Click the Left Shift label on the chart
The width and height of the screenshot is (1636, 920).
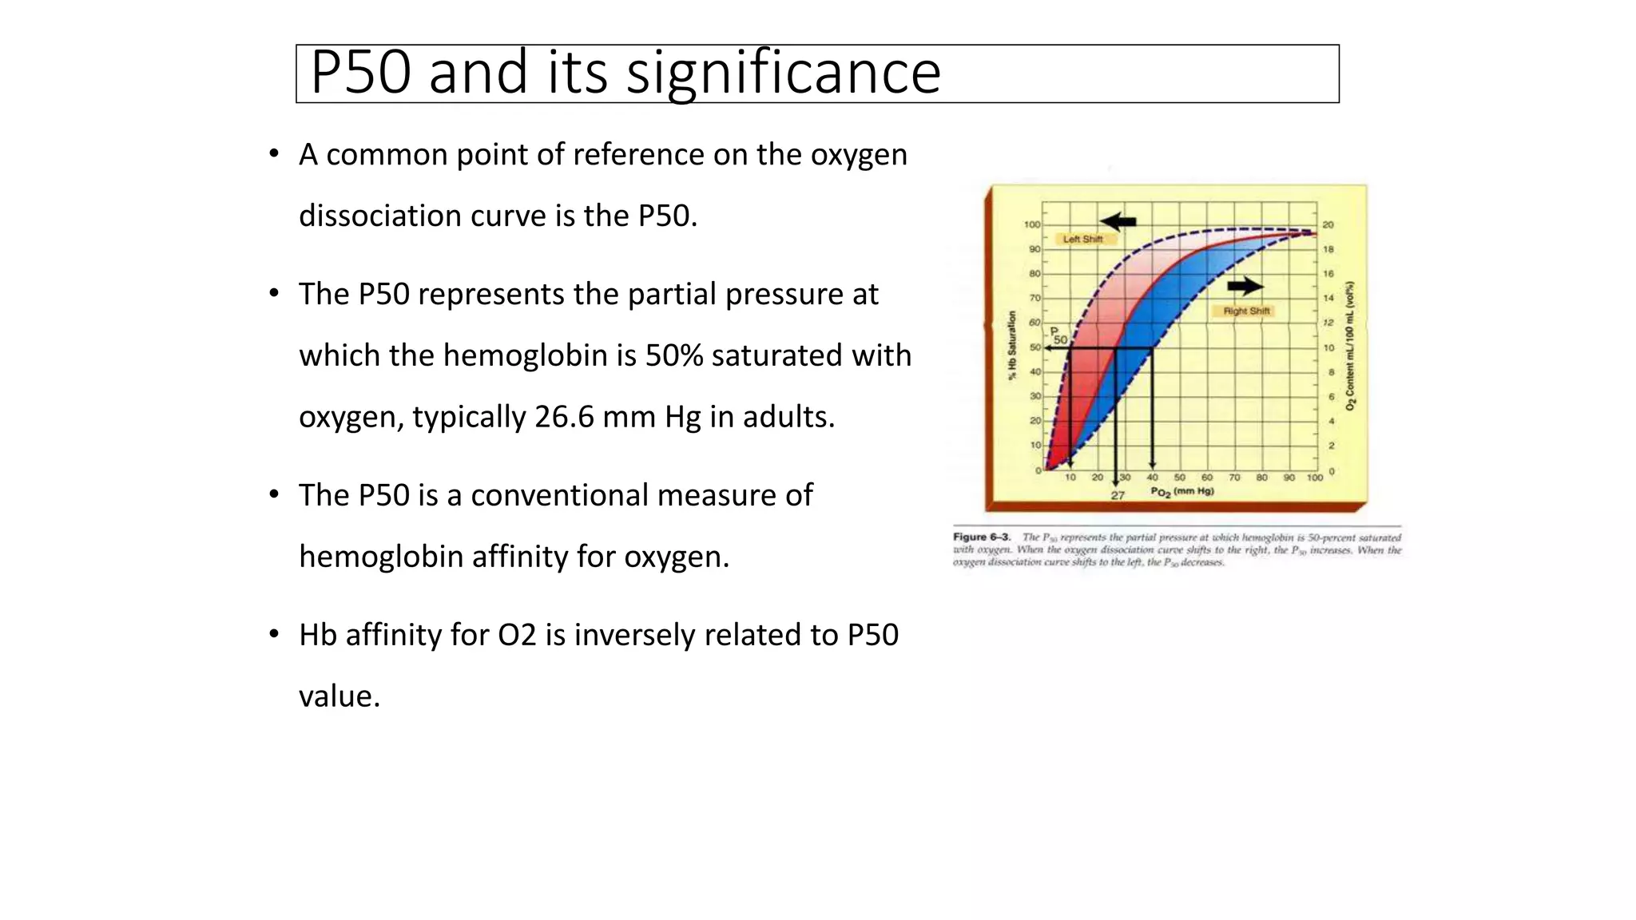click(x=1082, y=239)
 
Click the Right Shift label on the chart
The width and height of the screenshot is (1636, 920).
click(x=1246, y=311)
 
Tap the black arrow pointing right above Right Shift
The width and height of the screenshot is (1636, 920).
click(x=1245, y=286)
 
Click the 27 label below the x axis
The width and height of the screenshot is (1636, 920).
click(x=1118, y=496)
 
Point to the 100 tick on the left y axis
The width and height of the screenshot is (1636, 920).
click(x=1032, y=224)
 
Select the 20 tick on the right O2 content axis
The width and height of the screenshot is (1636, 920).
click(x=1328, y=224)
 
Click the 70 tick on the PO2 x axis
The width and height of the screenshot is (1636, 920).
click(x=1234, y=478)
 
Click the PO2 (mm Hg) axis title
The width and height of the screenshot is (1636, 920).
click(x=1182, y=491)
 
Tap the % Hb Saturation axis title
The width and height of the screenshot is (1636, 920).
click(x=1012, y=346)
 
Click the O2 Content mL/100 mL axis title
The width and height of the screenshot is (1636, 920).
click(x=1350, y=346)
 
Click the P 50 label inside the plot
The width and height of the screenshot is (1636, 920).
click(x=1058, y=335)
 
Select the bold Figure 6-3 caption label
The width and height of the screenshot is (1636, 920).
click(x=982, y=537)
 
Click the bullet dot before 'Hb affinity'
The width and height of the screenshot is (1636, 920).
click(x=274, y=635)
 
